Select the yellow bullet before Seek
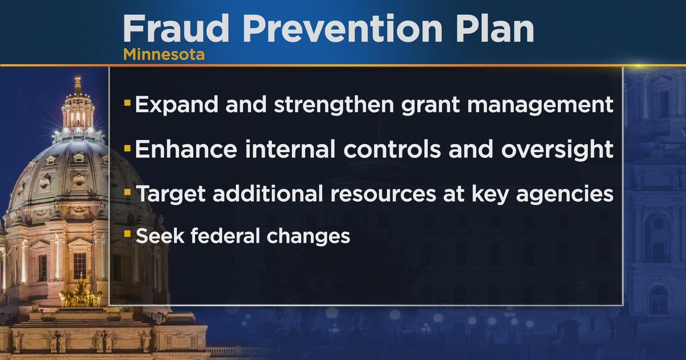[127, 234]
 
